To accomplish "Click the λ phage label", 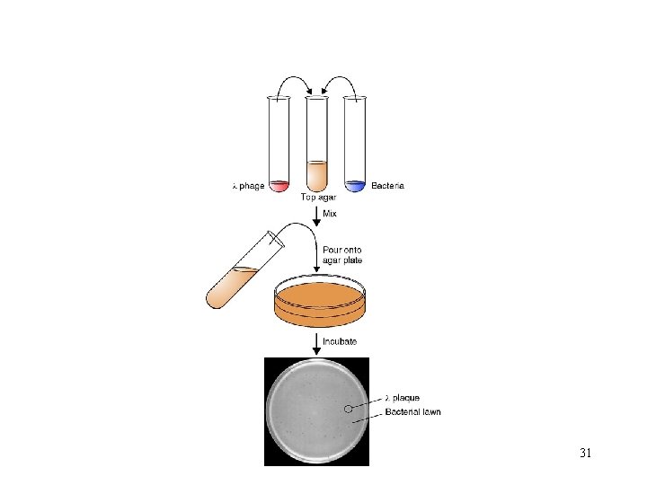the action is [x=248, y=187].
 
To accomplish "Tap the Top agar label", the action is [x=317, y=198].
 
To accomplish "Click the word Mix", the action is [x=331, y=213].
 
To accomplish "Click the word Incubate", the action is [x=340, y=342].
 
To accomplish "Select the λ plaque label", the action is [x=402, y=397].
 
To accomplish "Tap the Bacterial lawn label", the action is [x=412, y=412].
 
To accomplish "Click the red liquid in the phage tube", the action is [x=279, y=186].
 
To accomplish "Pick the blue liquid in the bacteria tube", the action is [x=356, y=186].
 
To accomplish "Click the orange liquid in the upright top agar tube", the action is [x=317, y=175].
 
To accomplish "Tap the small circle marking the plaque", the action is [x=349, y=409].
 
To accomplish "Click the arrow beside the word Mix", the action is [x=316, y=216].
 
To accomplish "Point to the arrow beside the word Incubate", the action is [x=316, y=342].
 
